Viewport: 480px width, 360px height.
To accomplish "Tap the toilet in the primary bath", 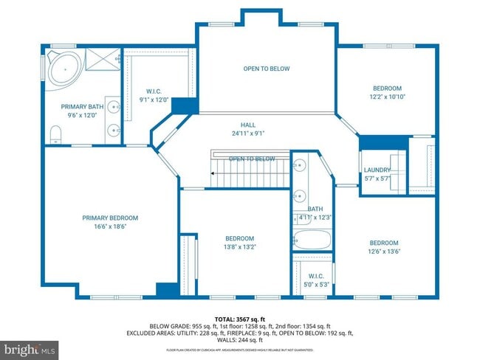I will [55, 134].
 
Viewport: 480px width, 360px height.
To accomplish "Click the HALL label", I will [247, 125].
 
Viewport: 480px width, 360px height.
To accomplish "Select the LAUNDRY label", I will [377, 170].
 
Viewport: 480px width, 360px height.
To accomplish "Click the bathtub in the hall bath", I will [312, 240].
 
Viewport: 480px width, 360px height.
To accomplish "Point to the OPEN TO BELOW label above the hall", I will [267, 69].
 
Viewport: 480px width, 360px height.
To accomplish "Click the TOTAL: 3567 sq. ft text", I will [240, 319].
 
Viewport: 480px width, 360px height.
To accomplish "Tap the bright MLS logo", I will [30, 347].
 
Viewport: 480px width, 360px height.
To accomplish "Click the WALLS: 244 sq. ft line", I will [240, 340].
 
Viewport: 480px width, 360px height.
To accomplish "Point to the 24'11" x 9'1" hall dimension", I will [247, 134].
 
